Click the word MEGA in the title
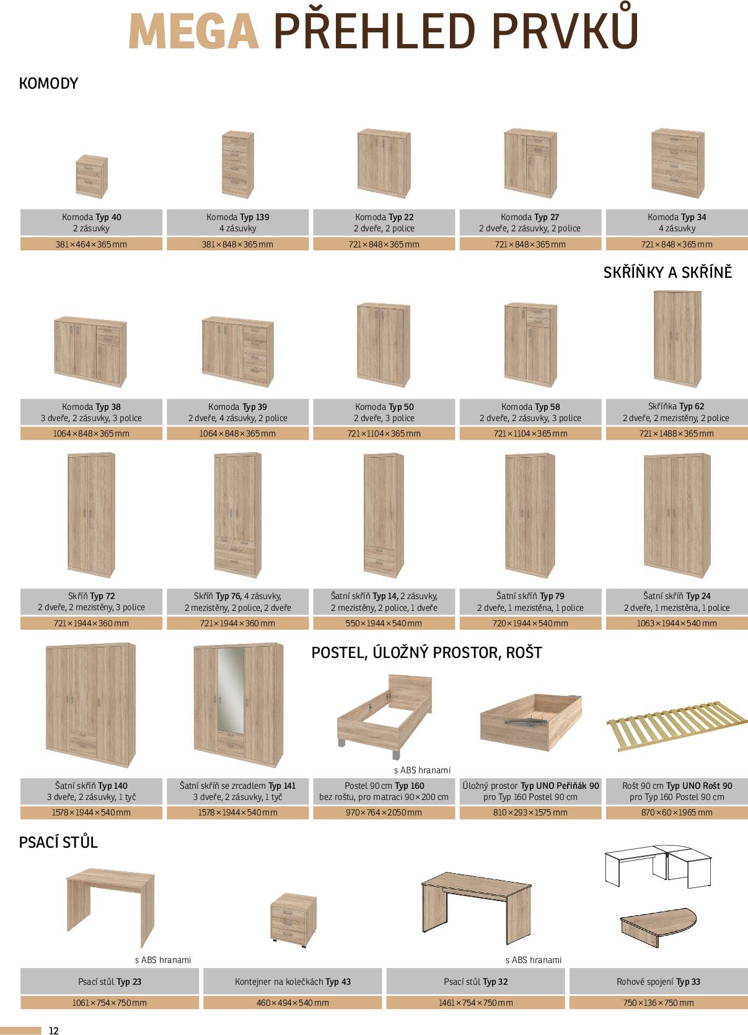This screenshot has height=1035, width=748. tap(193, 32)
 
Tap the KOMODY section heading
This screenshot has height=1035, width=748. tap(48, 83)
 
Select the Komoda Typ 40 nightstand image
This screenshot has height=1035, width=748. tap(92, 176)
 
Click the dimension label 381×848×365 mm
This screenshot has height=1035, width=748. tap(237, 244)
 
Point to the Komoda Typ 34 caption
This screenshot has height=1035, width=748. tap(677, 222)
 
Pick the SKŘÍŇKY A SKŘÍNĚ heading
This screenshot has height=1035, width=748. tap(667, 272)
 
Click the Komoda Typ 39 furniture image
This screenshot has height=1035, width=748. tap(238, 351)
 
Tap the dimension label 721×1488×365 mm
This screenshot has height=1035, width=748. tap(677, 433)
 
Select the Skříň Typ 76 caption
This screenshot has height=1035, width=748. tap(238, 602)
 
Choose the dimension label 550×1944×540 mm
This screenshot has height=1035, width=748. tap(384, 623)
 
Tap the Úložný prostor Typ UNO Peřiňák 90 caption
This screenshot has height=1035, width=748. tap(530, 791)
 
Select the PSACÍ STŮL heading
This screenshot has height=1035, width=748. tap(58, 842)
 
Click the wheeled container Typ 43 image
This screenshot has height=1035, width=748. tap(294, 920)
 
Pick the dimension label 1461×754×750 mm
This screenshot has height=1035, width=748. tap(475, 1003)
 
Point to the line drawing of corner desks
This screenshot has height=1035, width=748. tap(658, 867)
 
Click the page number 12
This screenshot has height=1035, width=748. tap(53, 1031)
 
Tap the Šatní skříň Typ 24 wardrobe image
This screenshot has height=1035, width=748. tap(677, 516)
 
